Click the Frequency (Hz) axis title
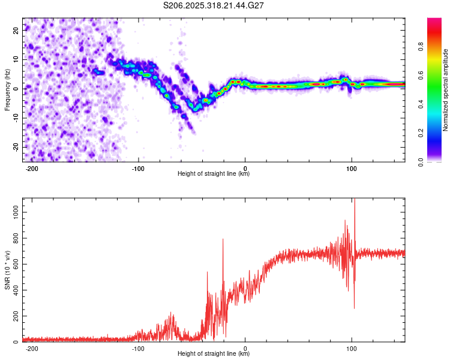[x=7, y=89]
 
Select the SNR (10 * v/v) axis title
[x=7, y=269]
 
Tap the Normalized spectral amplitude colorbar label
[x=446, y=89]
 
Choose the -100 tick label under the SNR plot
[x=139, y=348]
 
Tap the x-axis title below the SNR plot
[x=214, y=354]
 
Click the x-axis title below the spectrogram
[x=214, y=174]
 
